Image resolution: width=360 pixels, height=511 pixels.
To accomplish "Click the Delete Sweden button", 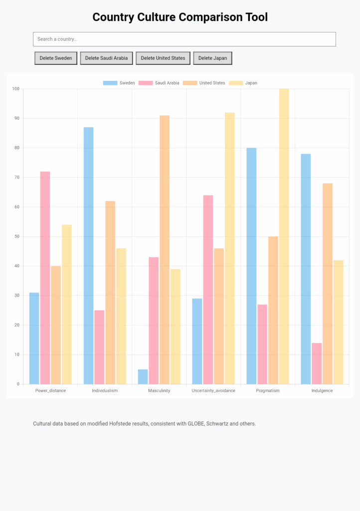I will (56, 58).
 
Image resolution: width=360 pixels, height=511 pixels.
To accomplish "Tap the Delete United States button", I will (163, 58).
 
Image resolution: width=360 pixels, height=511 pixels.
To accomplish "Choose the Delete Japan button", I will (212, 58).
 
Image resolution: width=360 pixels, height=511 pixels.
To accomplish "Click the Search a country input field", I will (184, 39).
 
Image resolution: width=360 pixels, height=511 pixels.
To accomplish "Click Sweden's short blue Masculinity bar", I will (143, 377).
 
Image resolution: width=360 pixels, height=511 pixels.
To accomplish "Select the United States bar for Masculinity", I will (165, 250).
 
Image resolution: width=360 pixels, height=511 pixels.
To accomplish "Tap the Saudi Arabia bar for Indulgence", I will (317, 363).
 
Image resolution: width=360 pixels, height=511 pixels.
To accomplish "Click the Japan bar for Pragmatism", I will (284, 237).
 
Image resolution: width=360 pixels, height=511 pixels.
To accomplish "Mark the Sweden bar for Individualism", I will (88, 255).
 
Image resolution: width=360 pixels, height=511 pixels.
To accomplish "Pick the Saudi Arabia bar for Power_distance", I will (45, 277).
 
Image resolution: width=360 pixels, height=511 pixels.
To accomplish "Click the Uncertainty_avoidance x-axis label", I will (213, 391).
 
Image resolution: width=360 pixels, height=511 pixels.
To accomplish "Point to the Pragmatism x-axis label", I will (268, 391).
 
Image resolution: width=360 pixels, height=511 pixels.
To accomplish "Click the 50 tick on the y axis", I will (16, 237).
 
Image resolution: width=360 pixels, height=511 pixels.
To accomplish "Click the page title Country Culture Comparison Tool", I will (180, 17).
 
